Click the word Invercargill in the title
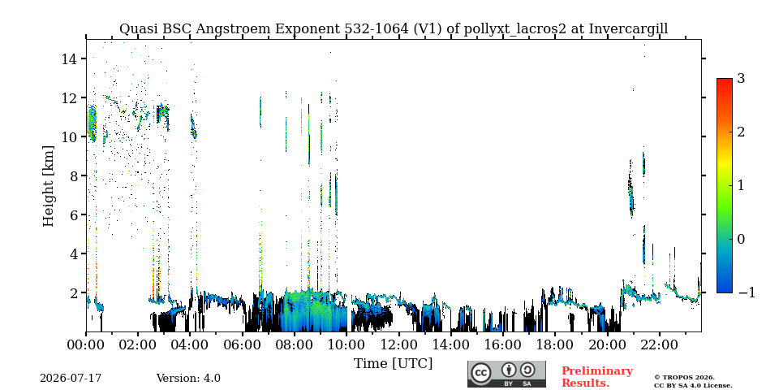628,29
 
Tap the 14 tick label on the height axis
69,58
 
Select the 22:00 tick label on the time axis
659,344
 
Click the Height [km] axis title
48,186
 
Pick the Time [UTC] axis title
393,364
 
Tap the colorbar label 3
741,78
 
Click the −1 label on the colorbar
747,292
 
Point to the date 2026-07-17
71,379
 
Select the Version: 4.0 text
188,379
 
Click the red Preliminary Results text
597,376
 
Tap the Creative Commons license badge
506,374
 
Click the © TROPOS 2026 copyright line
684,378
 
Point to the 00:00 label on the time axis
87,344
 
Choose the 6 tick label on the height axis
74,214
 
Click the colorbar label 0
741,239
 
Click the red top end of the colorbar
725,80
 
